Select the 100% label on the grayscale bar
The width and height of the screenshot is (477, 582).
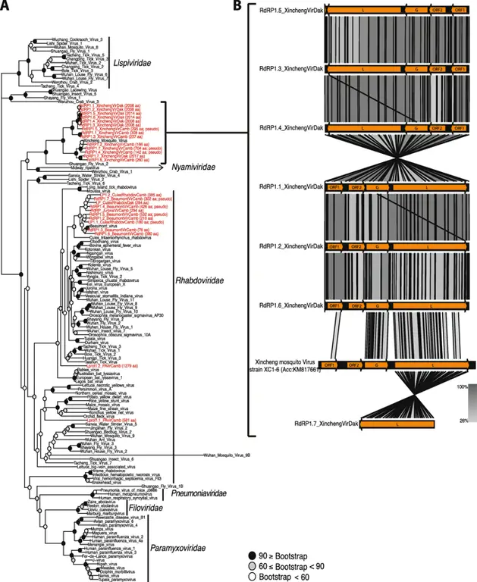[463, 386]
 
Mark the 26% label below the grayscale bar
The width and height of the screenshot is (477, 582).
[463, 421]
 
